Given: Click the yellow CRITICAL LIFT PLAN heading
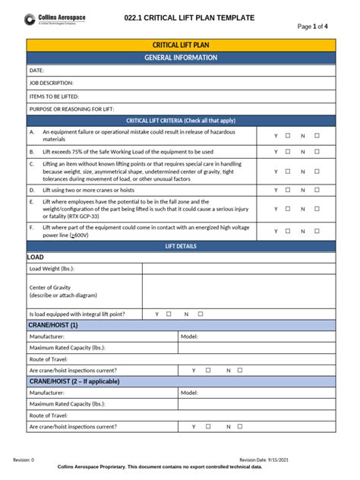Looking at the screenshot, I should pos(181,46).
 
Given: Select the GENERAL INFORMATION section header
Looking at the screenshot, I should pos(181,58).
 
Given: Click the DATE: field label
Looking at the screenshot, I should pos(37,71).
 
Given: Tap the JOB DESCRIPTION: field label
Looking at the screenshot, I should pos(52,84).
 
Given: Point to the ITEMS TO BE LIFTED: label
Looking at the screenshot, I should pos(54,96).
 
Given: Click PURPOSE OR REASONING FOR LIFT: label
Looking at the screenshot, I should pos(71,109).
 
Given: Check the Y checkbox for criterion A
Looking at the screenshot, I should pos(288,136).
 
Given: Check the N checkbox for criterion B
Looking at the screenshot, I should pos(317,151).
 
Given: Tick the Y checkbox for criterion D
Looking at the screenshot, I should pos(288,190).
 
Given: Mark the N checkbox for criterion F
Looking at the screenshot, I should pos(317,231).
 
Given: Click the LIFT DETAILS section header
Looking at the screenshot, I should pos(181,247).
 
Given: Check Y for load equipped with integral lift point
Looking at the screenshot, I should pos(169,314).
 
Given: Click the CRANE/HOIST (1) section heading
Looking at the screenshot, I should pos(54,325).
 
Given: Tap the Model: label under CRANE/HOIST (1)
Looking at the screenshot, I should pos(189,336).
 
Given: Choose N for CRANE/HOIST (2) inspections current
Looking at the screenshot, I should pos(241,427).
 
